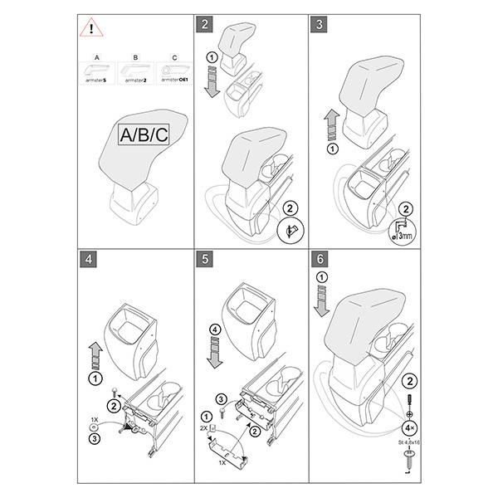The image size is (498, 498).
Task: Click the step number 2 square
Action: (x=204, y=22)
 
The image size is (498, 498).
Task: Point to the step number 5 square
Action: (x=204, y=258)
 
